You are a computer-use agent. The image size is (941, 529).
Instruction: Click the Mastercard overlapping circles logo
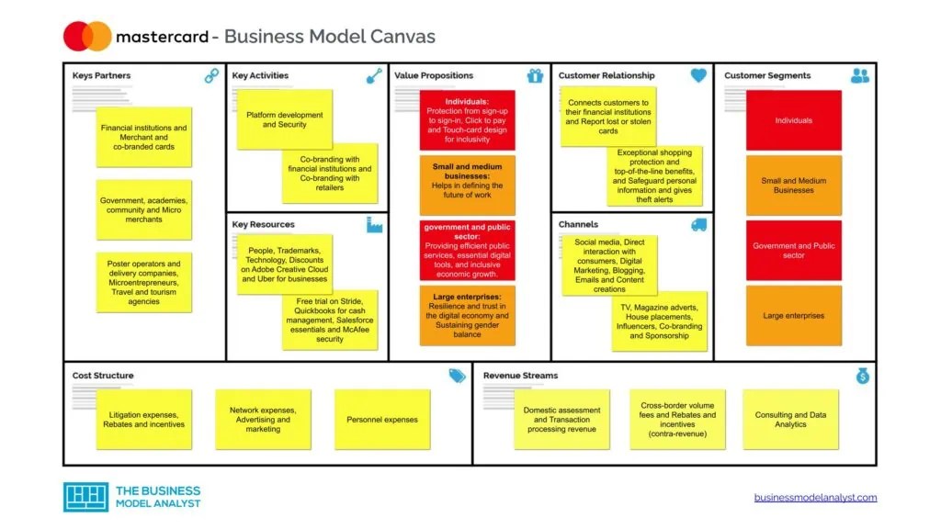(87, 36)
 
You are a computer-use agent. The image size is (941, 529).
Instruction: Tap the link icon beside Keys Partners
(212, 76)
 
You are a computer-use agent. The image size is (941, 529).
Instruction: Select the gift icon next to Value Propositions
(536, 76)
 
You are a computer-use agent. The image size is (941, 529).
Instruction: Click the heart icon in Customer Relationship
(698, 76)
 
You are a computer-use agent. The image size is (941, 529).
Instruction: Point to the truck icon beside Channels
(698, 225)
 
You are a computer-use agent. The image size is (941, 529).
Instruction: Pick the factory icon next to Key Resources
(374, 225)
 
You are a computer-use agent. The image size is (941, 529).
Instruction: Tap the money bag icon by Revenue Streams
(863, 376)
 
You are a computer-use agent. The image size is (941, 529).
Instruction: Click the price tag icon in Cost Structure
(457, 376)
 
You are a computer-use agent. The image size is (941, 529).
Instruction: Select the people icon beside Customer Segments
(860, 76)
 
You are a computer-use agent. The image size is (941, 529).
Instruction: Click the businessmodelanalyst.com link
(815, 498)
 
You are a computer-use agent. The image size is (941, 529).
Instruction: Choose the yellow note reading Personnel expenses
(381, 420)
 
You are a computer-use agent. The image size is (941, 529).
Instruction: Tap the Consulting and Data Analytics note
(790, 420)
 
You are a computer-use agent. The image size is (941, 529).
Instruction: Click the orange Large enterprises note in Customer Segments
(793, 316)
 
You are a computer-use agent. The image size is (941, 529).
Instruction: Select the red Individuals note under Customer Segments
(793, 120)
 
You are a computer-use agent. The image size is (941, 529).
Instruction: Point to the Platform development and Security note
(284, 119)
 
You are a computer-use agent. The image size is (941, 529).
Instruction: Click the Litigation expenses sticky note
(144, 420)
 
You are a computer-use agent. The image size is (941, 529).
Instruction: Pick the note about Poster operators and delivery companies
(144, 283)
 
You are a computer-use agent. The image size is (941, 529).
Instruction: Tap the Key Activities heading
(260, 75)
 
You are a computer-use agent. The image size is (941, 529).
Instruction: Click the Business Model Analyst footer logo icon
(85, 497)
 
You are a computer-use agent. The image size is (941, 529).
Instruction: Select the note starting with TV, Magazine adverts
(660, 321)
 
